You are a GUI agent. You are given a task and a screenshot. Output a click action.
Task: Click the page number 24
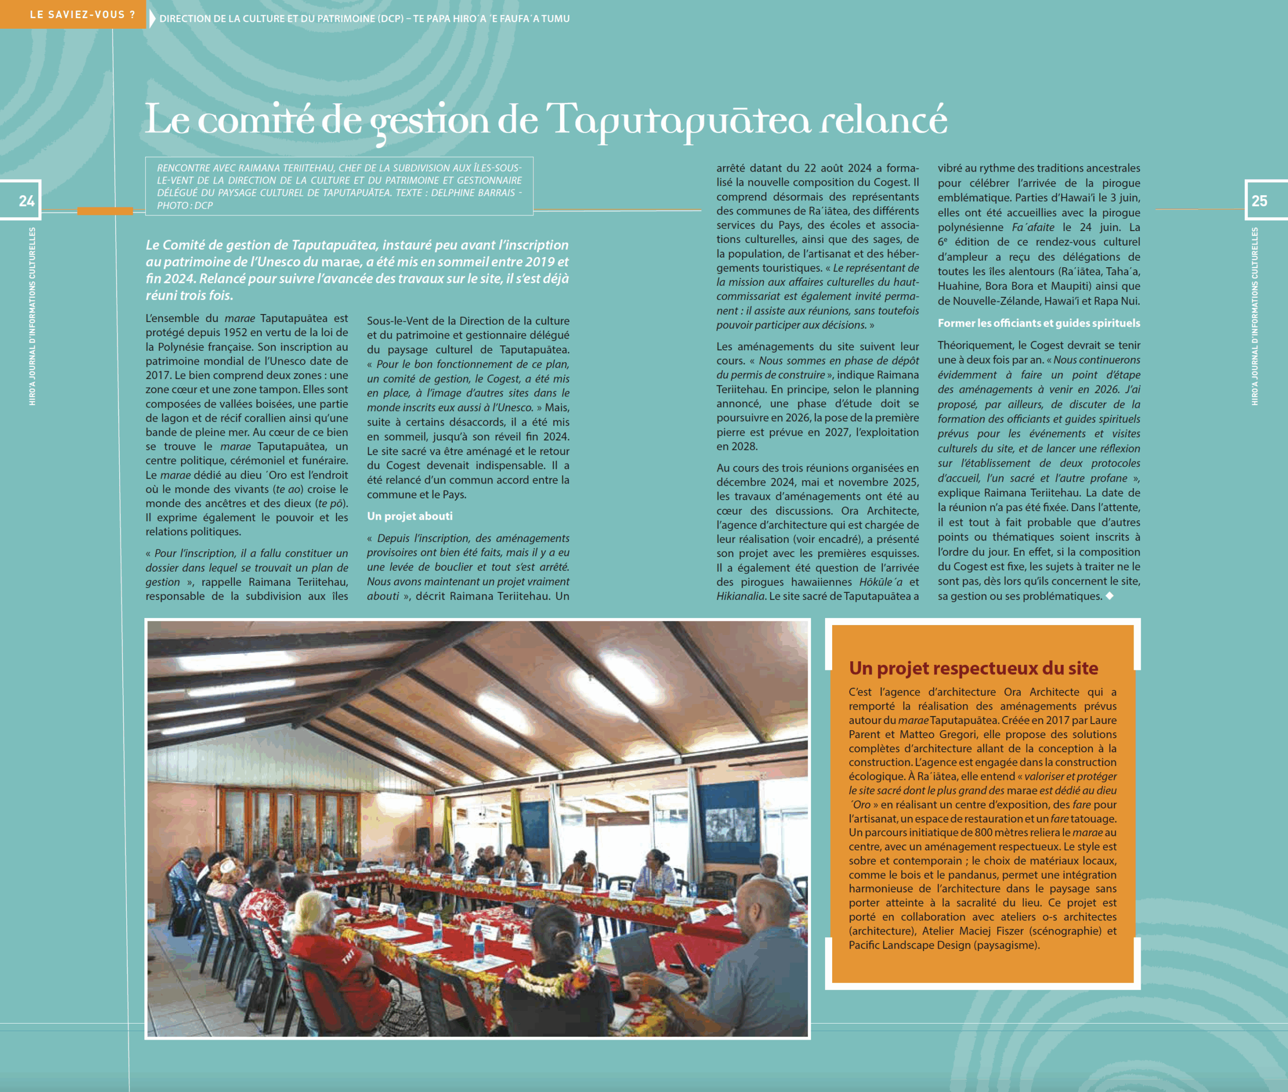(26, 201)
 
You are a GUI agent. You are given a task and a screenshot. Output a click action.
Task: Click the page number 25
(1259, 201)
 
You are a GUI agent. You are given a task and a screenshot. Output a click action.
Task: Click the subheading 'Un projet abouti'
(409, 516)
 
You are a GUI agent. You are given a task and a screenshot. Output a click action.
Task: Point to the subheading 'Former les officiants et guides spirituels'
(1038, 323)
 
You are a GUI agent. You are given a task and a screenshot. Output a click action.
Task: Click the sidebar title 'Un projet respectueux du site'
(973, 668)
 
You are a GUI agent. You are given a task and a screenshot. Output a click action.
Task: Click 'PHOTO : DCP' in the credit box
(185, 205)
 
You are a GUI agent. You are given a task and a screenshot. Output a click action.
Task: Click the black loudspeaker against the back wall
(423, 839)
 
